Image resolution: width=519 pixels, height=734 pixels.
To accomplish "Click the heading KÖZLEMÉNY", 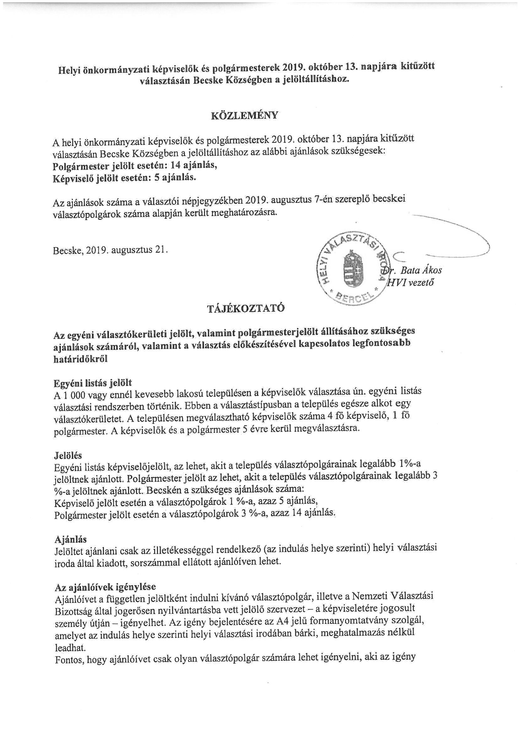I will (x=244, y=116).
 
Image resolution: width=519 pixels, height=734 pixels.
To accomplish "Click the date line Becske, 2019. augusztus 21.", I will (x=110, y=250).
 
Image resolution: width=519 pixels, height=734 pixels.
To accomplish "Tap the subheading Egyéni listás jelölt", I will (x=93, y=383).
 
